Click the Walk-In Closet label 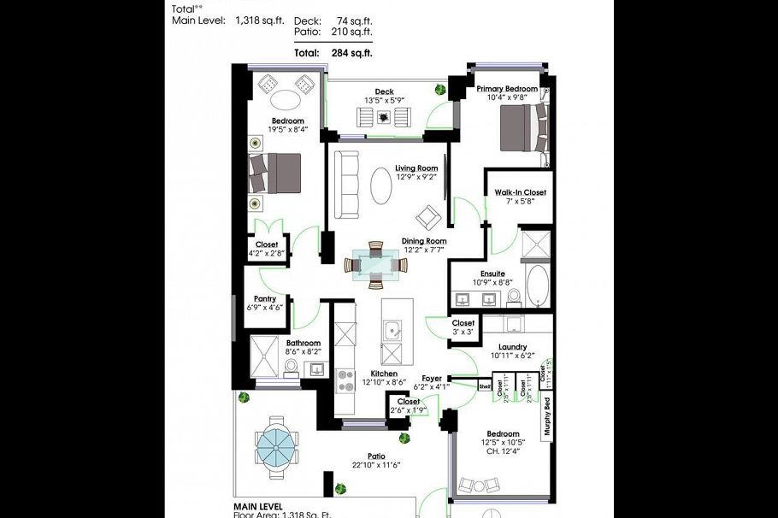520,192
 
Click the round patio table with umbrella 277,444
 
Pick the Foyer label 432,377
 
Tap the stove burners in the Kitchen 347,380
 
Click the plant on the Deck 439,89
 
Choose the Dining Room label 424,241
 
